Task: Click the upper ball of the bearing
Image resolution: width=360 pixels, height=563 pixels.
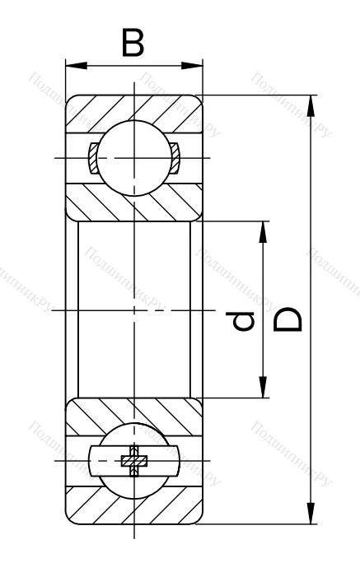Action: pos(133,156)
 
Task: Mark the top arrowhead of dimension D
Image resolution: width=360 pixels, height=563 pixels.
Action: pos(310,104)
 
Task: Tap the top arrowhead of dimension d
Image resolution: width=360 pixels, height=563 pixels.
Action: pos(264,230)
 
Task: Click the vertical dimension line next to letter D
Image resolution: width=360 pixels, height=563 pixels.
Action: pos(310,247)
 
